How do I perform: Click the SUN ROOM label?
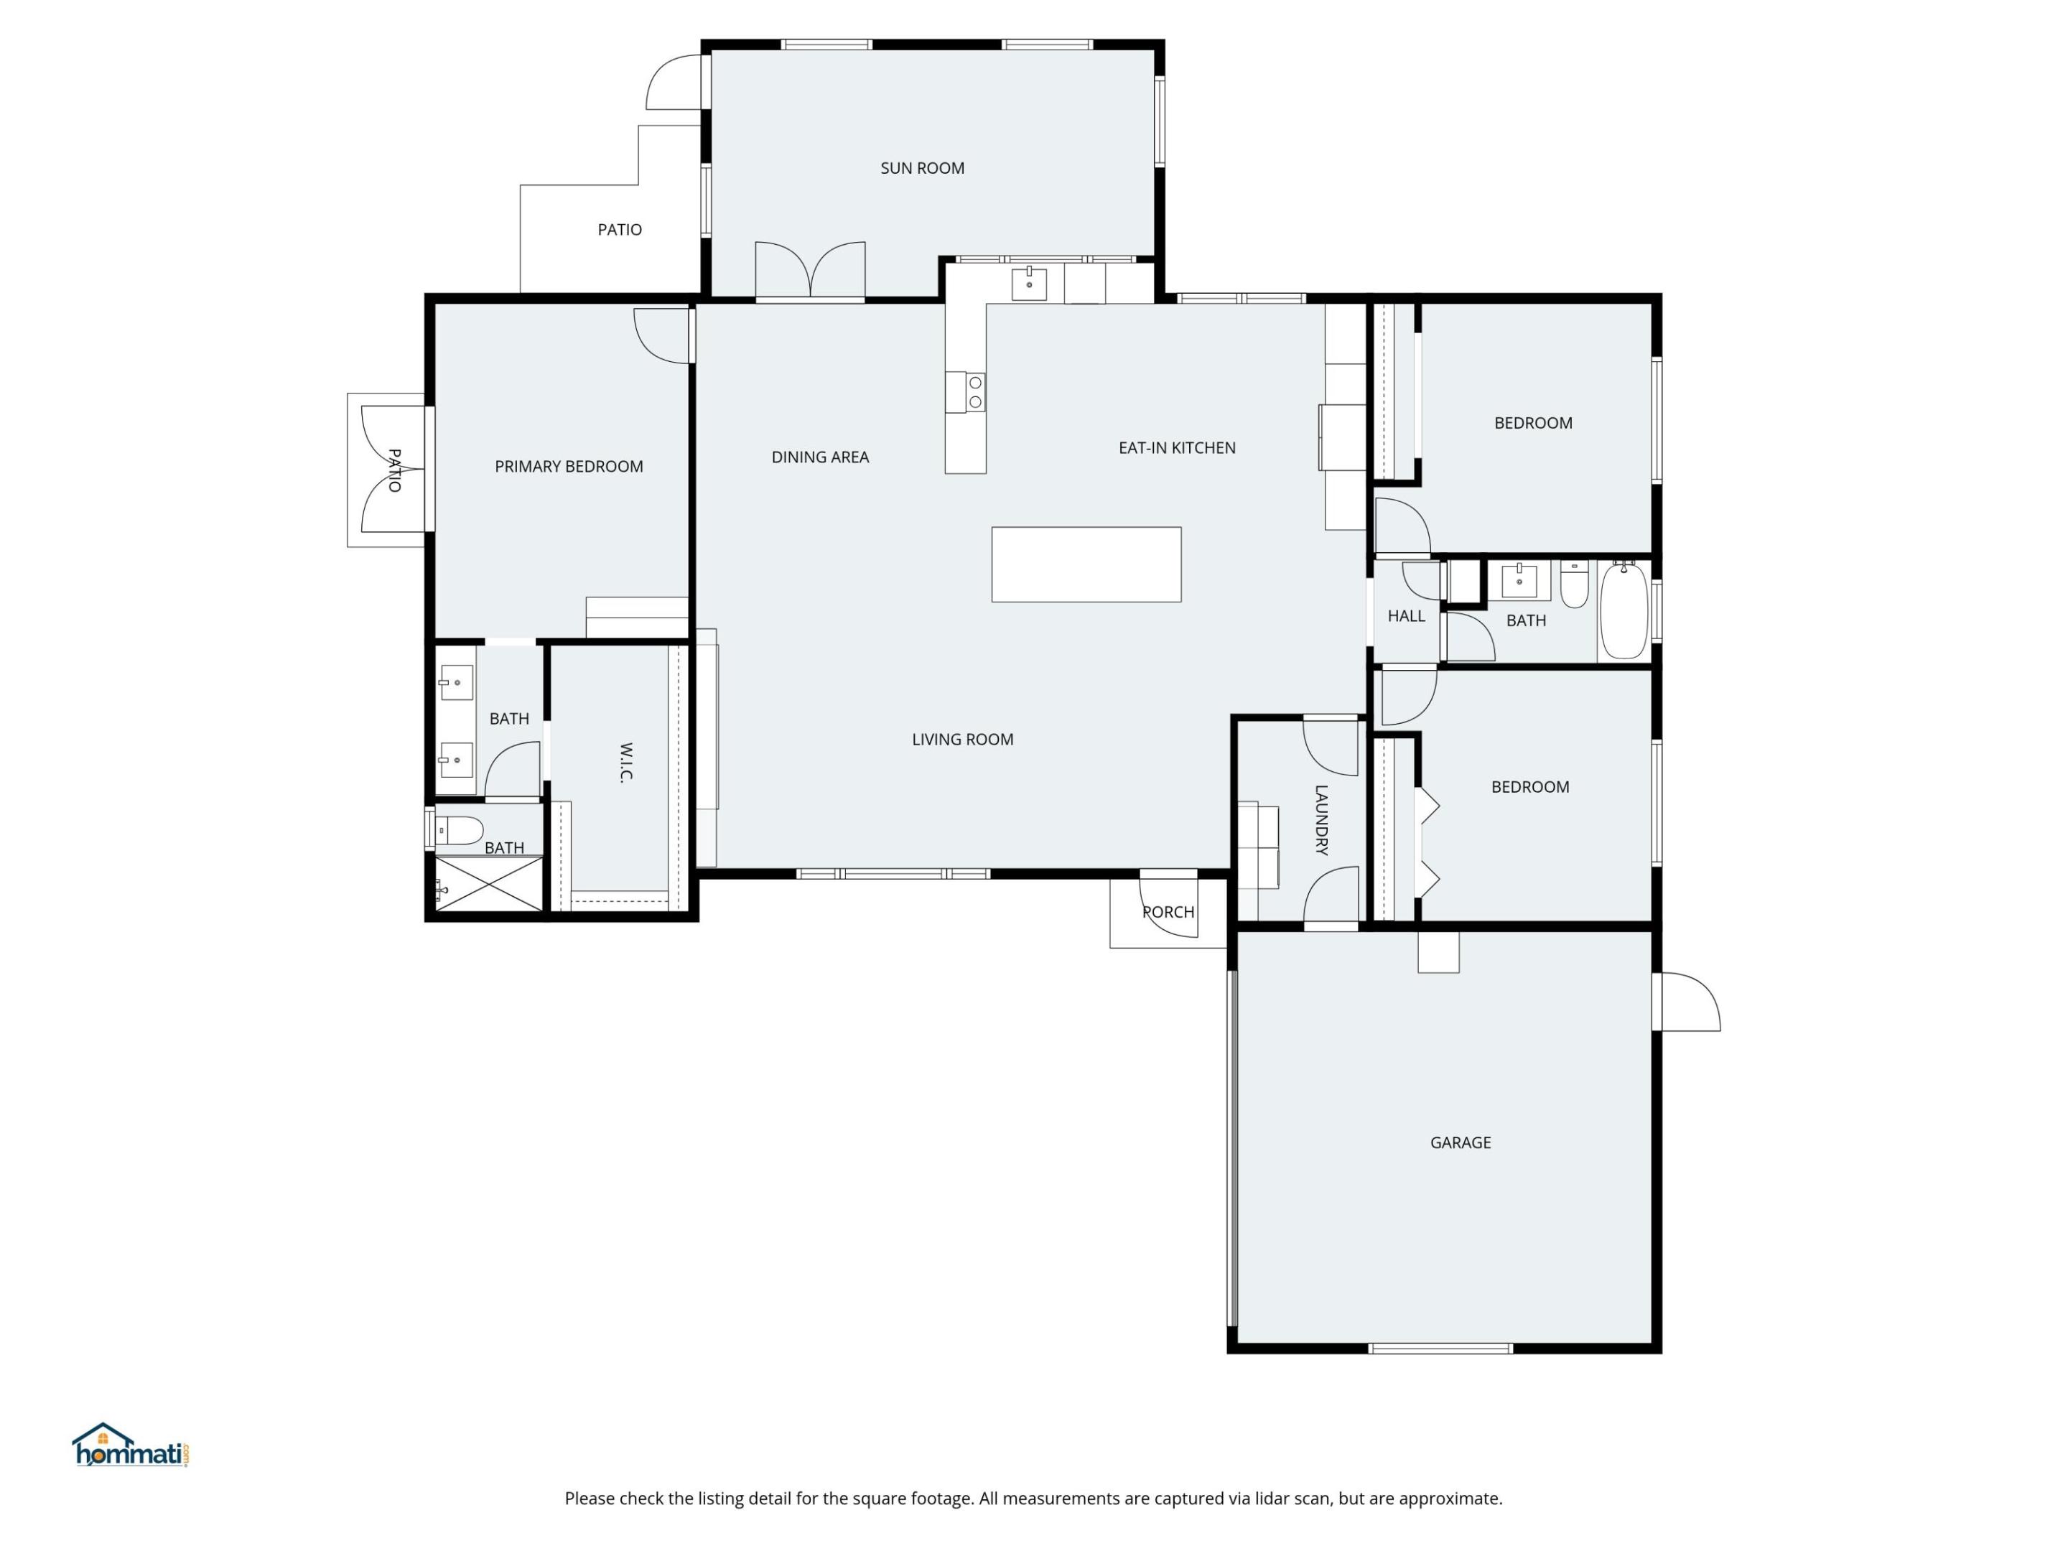922,168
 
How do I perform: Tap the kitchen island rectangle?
1086,564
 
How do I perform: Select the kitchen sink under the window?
1029,284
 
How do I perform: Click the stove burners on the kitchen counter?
975,393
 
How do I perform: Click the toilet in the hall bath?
1575,585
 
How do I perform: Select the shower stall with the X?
489,883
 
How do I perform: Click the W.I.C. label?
625,763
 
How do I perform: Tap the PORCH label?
1168,911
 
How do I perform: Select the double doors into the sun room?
810,271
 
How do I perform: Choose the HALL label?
1405,616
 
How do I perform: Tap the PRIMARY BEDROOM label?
569,467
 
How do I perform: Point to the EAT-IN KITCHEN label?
1176,448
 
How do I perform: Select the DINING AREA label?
819,457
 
